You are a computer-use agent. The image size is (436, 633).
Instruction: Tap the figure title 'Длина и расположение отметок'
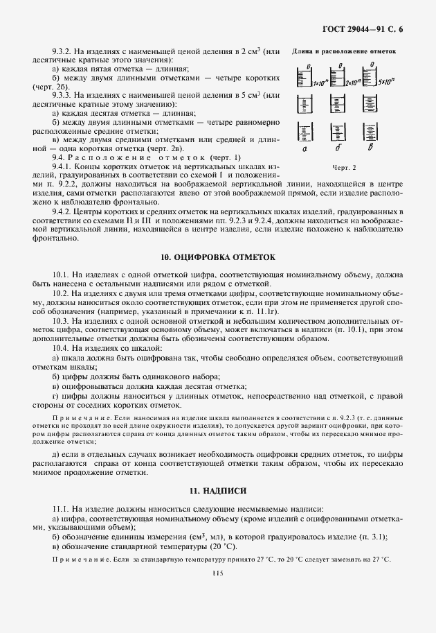pyautogui.click(x=343, y=51)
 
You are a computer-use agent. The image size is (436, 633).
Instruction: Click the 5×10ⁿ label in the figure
pyautogui.click(x=387, y=83)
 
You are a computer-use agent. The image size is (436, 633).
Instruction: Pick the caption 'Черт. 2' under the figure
pyautogui.click(x=343, y=167)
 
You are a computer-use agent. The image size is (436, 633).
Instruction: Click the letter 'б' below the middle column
pyautogui.click(x=338, y=148)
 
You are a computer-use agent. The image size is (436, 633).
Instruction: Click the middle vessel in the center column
pyautogui.click(x=337, y=104)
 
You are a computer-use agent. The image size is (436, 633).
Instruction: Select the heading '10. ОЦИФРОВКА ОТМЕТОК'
pyautogui.click(x=218, y=256)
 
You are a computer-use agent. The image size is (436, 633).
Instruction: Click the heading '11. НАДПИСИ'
pyautogui.click(x=218, y=490)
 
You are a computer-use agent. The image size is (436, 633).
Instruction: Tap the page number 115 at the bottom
pyautogui.click(x=218, y=572)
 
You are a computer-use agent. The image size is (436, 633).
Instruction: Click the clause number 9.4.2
pyautogui.click(x=64, y=210)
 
